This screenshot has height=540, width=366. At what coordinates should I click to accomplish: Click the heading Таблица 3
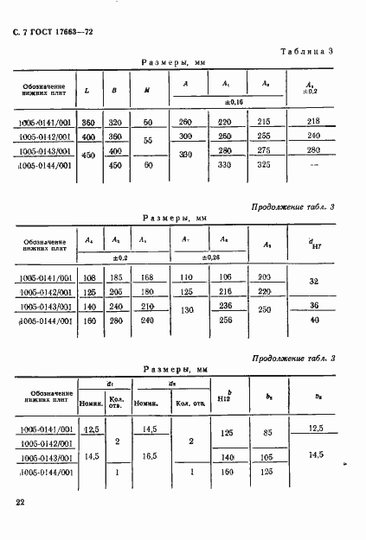(x=307, y=53)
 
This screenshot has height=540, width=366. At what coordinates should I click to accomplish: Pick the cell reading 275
(x=266, y=150)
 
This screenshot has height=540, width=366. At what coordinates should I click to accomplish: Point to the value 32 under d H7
(x=313, y=283)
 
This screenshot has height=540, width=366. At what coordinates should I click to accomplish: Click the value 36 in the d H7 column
(x=313, y=305)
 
